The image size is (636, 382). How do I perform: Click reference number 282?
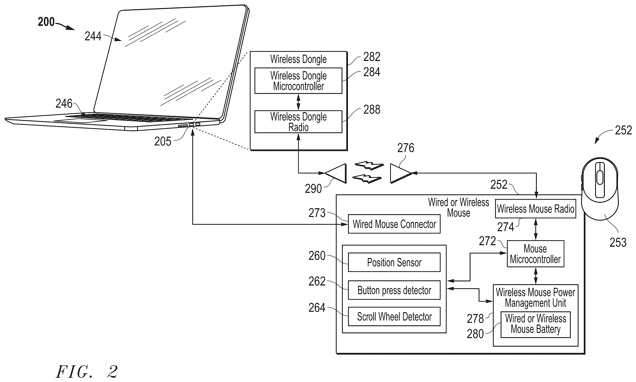tap(372, 57)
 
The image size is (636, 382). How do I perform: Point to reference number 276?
tap(406, 148)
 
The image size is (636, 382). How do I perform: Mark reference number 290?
tap(313, 189)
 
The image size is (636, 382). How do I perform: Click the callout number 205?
tap(162, 141)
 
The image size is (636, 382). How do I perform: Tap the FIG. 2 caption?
tap(87, 371)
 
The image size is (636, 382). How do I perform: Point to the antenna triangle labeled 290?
tap(335, 173)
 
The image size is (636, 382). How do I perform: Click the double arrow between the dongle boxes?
tap(298, 102)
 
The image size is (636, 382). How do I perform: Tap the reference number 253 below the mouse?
tap(618, 242)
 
